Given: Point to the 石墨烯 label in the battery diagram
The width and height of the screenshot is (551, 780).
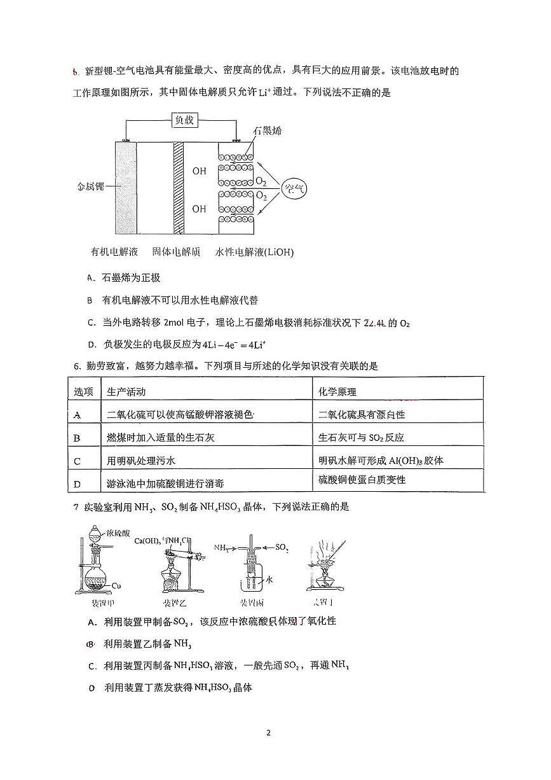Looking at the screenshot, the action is (x=267, y=131).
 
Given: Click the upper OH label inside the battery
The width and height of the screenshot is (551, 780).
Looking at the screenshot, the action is (x=199, y=171).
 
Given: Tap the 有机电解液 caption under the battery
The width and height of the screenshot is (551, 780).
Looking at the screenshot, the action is (x=114, y=251).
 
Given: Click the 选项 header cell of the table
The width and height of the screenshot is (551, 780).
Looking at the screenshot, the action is (x=83, y=392).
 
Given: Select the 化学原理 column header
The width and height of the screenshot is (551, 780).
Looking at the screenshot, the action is (x=337, y=392).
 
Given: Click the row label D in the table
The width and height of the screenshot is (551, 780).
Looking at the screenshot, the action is (x=77, y=484).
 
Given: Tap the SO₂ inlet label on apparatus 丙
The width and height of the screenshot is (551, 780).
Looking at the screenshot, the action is (x=282, y=547).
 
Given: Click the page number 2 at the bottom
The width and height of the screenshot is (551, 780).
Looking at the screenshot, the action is (x=268, y=732).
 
